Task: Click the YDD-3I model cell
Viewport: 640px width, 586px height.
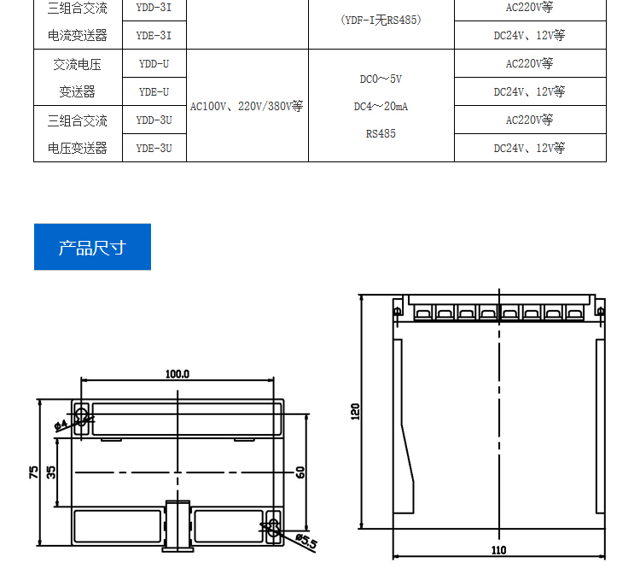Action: point(154,8)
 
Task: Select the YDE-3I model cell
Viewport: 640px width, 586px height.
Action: point(154,35)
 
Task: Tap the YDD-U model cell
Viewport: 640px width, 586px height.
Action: point(154,64)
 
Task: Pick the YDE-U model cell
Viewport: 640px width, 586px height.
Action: point(154,92)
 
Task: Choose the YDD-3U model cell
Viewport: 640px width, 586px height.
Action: point(154,120)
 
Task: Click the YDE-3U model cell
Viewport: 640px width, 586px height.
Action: point(154,148)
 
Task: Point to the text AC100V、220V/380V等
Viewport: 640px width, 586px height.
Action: point(247,106)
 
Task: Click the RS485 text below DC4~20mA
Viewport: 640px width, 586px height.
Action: point(381,133)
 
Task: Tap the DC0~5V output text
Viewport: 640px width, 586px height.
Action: point(381,79)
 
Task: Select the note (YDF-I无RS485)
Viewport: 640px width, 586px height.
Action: point(381,20)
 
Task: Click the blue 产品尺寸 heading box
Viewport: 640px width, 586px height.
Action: point(93,247)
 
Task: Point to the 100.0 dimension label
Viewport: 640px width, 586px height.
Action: point(177,374)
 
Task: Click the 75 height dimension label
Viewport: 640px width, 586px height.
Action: point(33,472)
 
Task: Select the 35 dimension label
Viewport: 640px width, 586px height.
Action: point(51,472)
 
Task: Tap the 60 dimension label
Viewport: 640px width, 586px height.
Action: point(300,472)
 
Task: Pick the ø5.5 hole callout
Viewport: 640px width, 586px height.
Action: point(306,541)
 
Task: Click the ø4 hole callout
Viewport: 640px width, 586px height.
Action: point(61,425)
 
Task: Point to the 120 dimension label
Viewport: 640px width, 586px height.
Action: point(355,411)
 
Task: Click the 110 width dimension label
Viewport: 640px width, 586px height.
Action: point(499,550)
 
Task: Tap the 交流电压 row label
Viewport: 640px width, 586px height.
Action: point(77,65)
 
